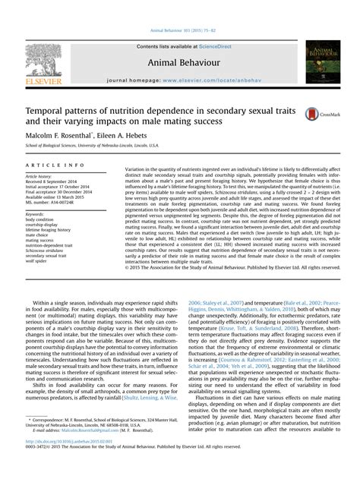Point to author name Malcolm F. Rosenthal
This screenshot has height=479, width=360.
(x=58, y=133)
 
